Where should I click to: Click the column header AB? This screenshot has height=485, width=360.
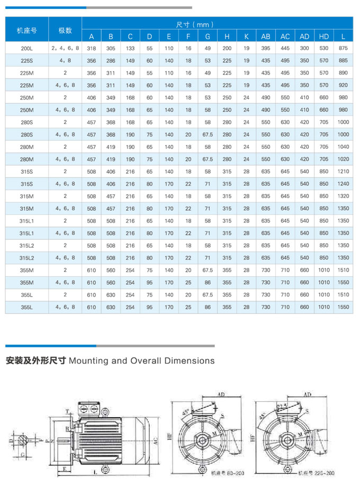point(265,37)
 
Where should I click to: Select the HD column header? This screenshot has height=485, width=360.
point(324,37)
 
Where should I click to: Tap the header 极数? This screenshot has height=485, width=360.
point(65,30)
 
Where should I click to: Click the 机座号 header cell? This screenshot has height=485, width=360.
point(26,30)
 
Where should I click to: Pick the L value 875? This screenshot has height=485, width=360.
point(343,48)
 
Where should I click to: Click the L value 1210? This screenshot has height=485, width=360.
point(343,172)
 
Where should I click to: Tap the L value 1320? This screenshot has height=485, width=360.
point(343,196)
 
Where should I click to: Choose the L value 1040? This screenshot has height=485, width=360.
point(343,147)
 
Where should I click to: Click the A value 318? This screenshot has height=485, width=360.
point(92,48)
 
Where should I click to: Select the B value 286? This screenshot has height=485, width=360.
point(111,60)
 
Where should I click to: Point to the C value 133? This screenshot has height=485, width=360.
point(130,48)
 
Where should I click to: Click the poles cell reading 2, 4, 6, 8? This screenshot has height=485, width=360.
point(65,48)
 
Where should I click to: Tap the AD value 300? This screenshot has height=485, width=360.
point(304,48)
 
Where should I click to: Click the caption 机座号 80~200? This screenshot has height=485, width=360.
point(220,473)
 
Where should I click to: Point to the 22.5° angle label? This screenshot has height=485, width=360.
point(282,406)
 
